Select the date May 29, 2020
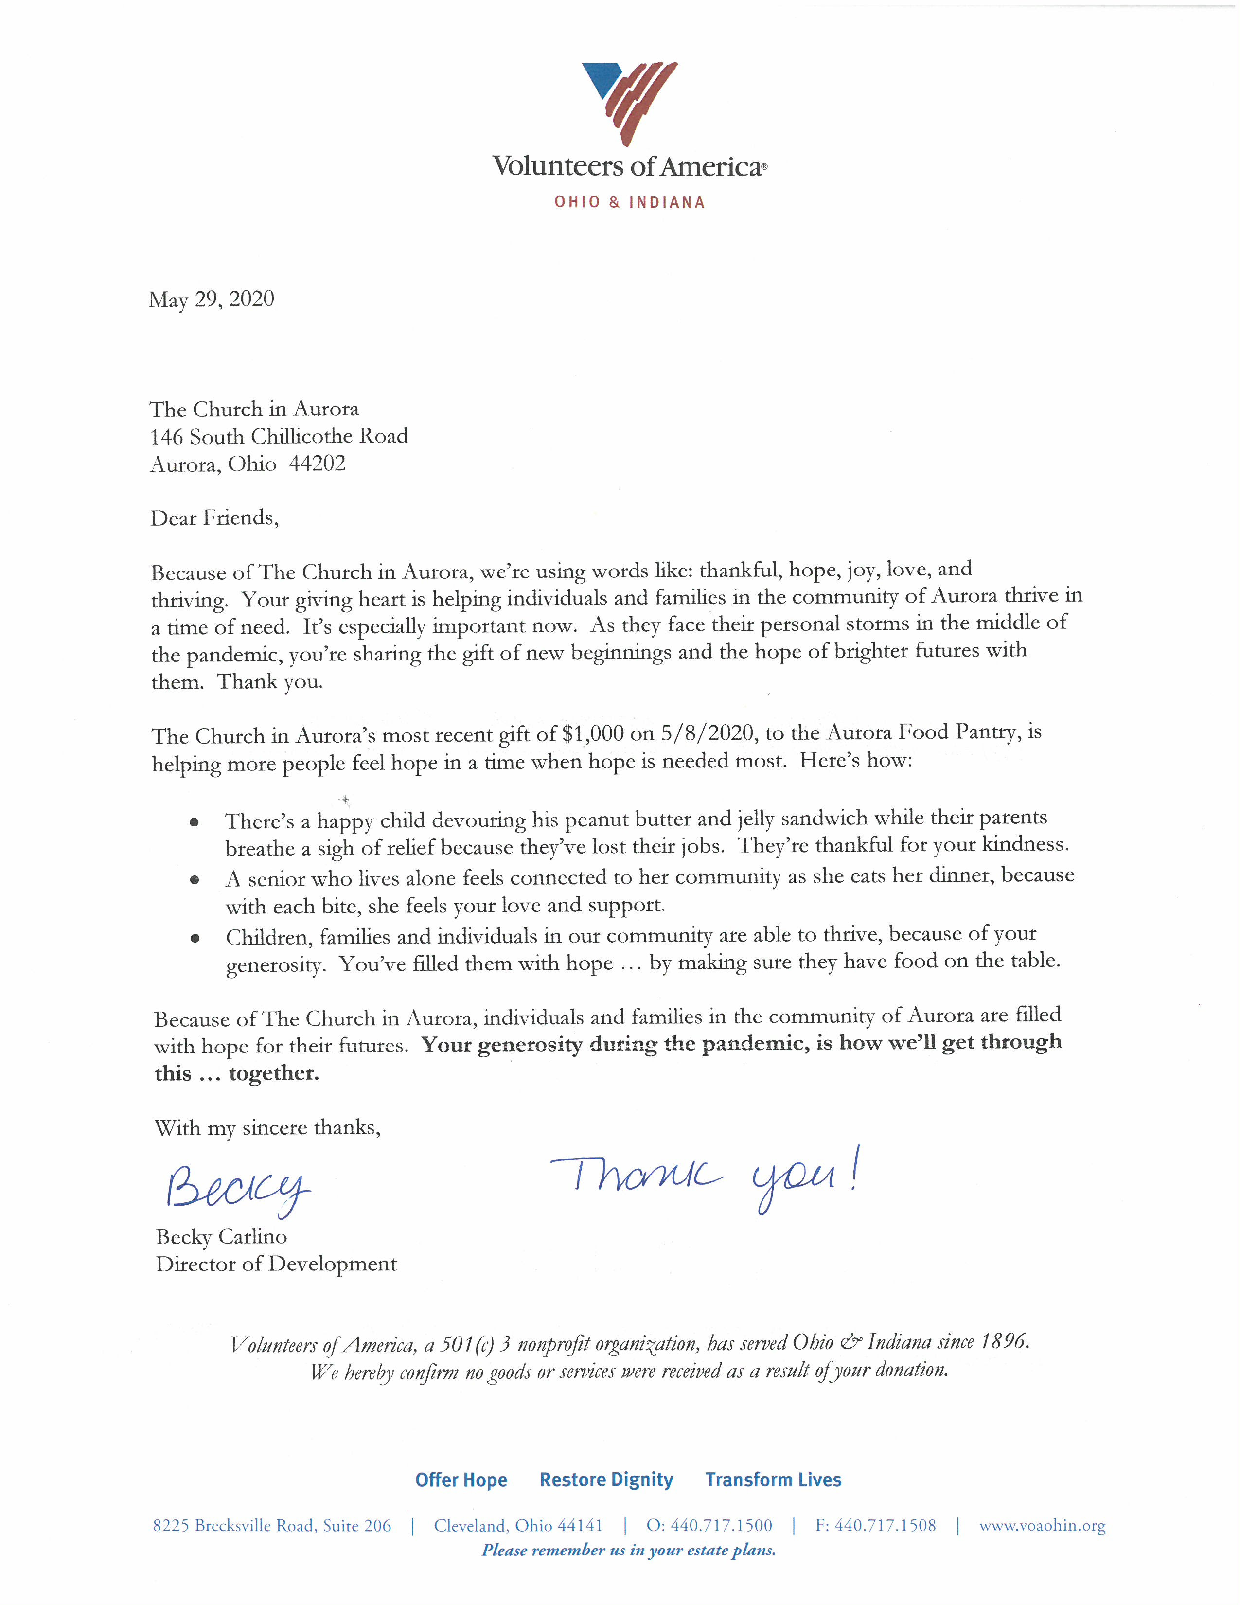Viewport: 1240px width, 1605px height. point(211,299)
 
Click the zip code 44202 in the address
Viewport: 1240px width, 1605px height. point(318,464)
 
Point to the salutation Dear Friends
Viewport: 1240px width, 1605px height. point(214,518)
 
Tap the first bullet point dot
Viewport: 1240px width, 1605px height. point(194,822)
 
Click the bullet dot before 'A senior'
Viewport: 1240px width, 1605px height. point(195,880)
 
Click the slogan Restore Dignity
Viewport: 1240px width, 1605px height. point(606,1480)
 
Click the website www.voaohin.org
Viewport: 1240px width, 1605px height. point(1042,1526)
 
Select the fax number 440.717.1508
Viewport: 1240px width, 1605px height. point(885,1526)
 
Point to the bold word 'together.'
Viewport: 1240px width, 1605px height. point(274,1074)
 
